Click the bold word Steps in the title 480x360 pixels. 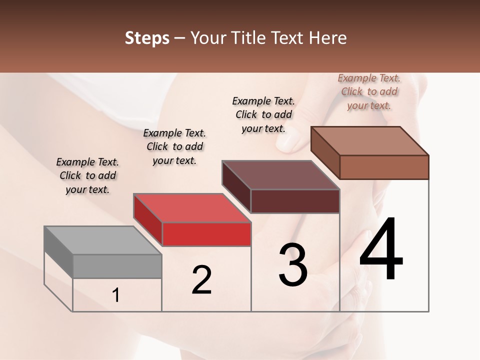[147, 38]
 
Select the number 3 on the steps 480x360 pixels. [293, 265]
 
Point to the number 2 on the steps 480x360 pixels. [201, 279]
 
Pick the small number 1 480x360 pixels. [116, 295]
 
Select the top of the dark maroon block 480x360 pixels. [280, 175]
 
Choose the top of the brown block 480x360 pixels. [369, 141]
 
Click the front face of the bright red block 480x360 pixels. [206, 234]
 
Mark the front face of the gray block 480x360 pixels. [117, 266]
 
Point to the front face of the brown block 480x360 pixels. [384, 167]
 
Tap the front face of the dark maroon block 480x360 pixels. [295, 201]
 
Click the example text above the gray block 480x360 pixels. [87, 175]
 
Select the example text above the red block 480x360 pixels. [174, 146]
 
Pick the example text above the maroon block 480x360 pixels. [263, 114]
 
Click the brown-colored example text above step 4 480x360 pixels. [369, 91]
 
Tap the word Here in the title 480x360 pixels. [327, 38]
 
